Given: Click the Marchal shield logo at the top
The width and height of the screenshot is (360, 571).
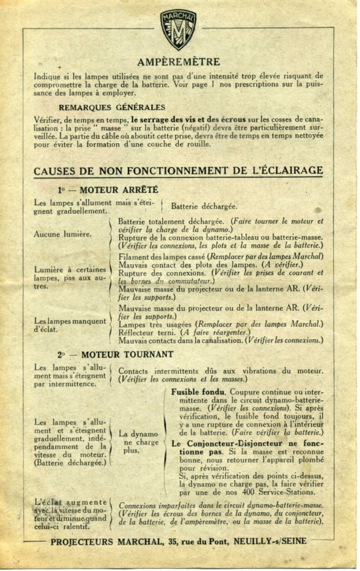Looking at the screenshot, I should point(178,30).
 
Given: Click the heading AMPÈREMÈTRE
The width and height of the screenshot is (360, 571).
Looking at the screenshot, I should point(178,61).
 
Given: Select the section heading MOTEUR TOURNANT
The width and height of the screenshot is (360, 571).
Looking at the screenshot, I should point(123,354).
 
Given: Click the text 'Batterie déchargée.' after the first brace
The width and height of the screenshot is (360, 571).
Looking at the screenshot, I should point(204,206).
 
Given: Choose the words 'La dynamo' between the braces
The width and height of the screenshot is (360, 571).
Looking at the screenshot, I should point(139,434).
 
